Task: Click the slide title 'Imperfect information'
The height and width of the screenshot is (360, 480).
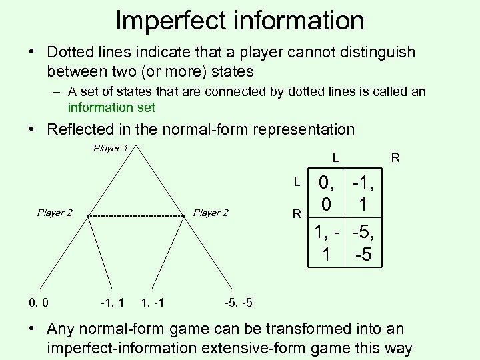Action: tap(240, 20)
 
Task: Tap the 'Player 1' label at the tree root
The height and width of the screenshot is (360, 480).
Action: tap(109, 148)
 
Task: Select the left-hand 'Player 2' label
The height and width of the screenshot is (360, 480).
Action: tap(55, 213)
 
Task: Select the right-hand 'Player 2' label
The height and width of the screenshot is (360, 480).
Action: tap(211, 213)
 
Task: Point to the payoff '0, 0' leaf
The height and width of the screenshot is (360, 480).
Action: tap(39, 303)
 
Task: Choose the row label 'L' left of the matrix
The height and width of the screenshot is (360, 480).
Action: tap(297, 181)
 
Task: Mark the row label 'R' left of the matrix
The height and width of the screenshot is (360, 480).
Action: tap(297, 215)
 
